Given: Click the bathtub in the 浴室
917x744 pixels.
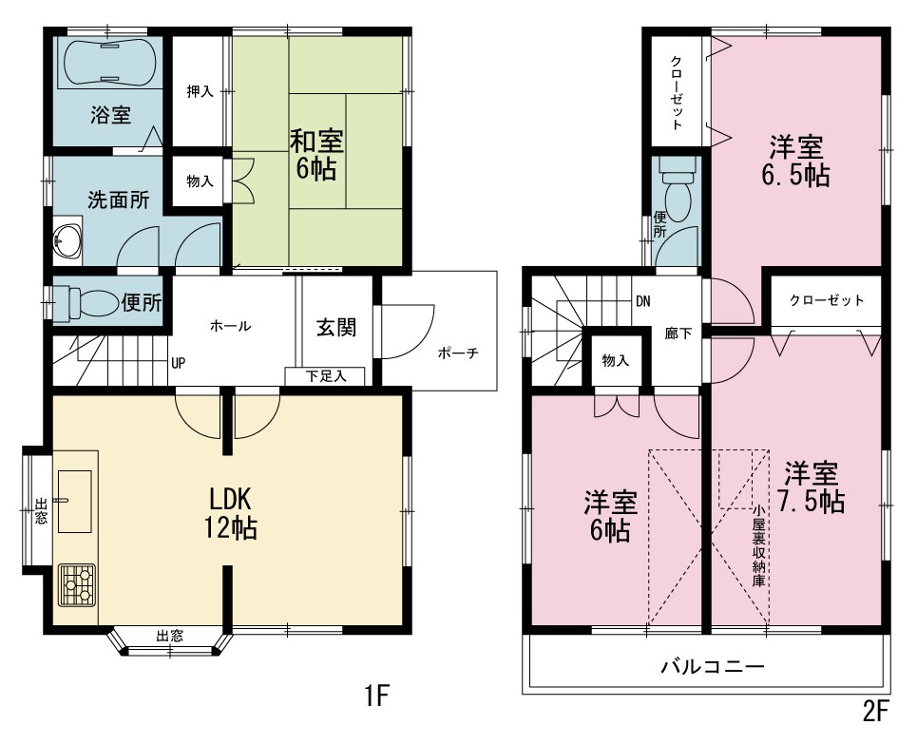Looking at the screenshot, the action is (108, 62).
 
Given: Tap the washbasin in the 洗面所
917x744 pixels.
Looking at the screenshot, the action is (67, 239).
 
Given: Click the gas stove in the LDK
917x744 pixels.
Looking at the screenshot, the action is (77, 585).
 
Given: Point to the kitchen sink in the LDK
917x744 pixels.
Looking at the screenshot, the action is (75, 502).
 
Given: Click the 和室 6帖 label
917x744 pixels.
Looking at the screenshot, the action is (316, 155).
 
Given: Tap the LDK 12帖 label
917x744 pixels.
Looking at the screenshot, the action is (230, 513).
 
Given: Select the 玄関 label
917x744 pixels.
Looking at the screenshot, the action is (336, 328).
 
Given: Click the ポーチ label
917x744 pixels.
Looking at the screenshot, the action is (458, 353).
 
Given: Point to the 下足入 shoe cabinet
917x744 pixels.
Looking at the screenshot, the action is (325, 376).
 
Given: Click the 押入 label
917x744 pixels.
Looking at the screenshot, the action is (200, 92).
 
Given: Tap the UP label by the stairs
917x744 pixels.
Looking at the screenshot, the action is (179, 363).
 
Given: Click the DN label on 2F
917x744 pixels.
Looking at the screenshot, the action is (642, 302).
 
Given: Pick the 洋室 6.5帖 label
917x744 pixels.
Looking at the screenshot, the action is (796, 161).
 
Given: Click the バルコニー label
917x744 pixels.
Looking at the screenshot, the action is (713, 666).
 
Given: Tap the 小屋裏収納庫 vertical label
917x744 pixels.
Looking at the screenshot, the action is (758, 545).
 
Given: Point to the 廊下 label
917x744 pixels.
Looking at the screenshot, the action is (678, 334).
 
